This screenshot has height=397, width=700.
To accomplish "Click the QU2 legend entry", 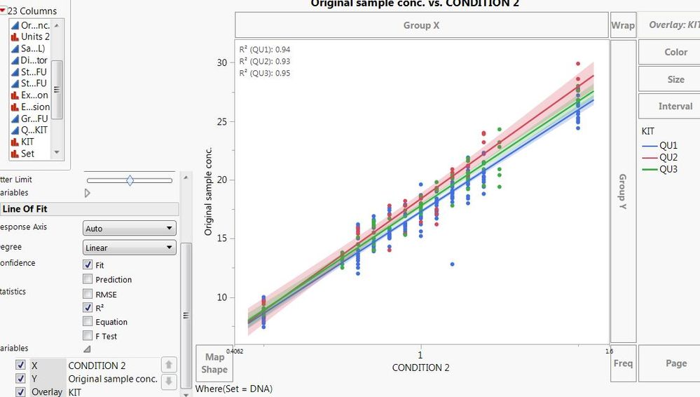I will [x=668, y=157].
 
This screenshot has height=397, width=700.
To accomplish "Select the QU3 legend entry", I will [x=668, y=169].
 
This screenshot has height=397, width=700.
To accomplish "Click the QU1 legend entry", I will [x=668, y=145].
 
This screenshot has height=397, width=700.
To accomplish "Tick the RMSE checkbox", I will [x=88, y=294].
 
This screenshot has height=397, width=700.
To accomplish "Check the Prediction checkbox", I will [x=88, y=279].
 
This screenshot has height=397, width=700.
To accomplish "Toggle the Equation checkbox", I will [x=88, y=322].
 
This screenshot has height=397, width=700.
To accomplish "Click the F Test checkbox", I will [x=88, y=336].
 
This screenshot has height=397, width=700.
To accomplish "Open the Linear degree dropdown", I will [x=129, y=248].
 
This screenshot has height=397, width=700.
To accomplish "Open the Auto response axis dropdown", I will [x=129, y=228].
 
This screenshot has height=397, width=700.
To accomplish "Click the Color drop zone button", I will [x=675, y=52].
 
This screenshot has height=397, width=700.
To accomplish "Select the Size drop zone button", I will [x=675, y=79].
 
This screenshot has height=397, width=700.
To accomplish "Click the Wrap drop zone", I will [x=622, y=25].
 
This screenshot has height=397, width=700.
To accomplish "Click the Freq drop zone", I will [x=622, y=363].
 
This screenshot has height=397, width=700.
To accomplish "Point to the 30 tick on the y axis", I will [x=222, y=62].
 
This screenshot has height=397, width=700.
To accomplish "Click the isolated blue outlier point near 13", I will [x=453, y=264].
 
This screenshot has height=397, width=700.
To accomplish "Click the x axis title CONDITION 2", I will [x=420, y=368].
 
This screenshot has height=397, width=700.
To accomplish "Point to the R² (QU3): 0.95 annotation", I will [x=265, y=73].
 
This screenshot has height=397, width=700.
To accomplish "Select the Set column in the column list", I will [x=27, y=154].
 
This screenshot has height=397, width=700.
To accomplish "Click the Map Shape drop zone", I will [x=214, y=363].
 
